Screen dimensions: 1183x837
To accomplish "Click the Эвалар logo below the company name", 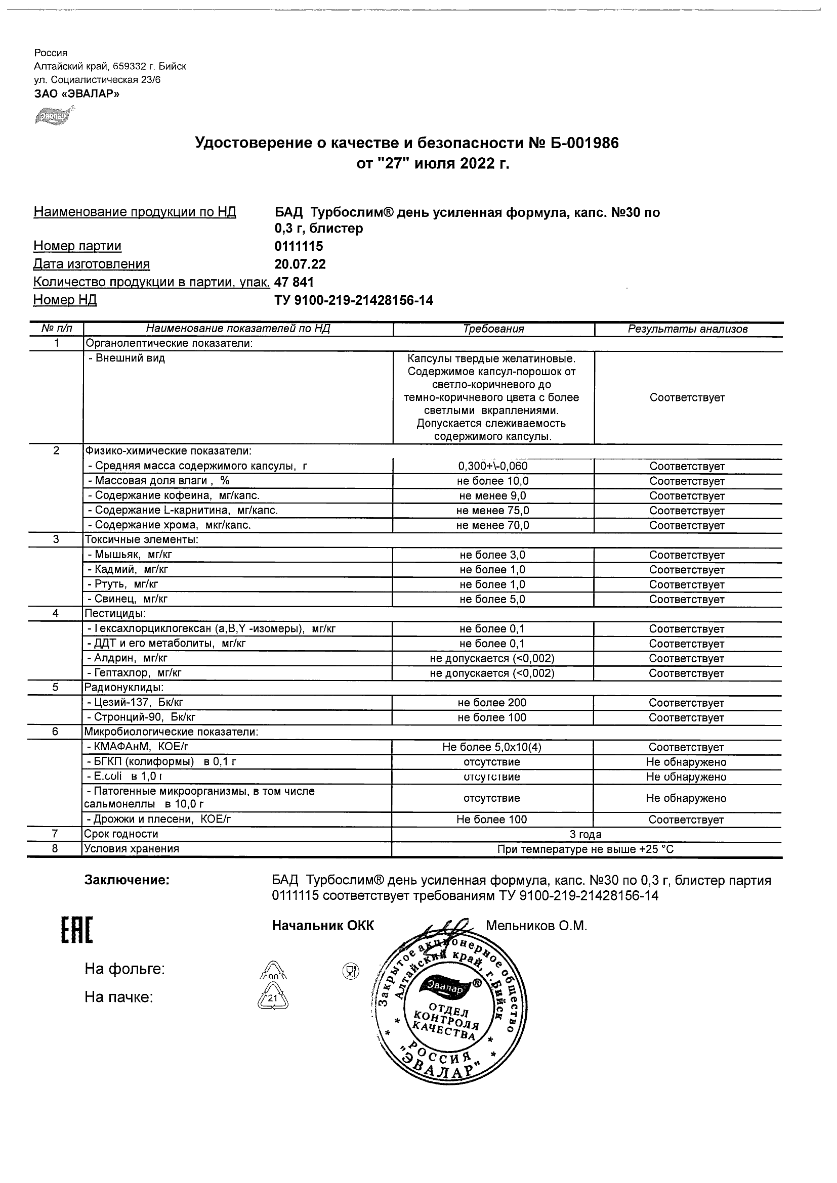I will (x=53, y=116).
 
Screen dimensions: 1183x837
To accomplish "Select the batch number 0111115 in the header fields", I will (x=299, y=246).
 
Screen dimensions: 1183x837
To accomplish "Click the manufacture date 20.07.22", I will (x=300, y=264).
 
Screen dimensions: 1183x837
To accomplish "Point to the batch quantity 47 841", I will (x=294, y=283).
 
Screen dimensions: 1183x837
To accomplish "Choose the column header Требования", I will (x=493, y=329).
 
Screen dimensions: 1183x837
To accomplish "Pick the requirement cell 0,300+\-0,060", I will (x=493, y=466).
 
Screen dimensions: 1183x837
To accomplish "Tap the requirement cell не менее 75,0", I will (x=493, y=511).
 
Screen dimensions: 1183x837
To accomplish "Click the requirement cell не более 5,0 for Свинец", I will (x=493, y=599).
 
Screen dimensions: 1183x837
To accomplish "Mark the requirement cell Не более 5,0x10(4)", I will (x=492, y=747).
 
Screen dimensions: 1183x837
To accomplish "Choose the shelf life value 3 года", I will (x=586, y=834).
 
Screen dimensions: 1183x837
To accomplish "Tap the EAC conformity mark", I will (x=77, y=931).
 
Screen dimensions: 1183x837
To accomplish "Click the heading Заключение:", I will (x=127, y=880).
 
